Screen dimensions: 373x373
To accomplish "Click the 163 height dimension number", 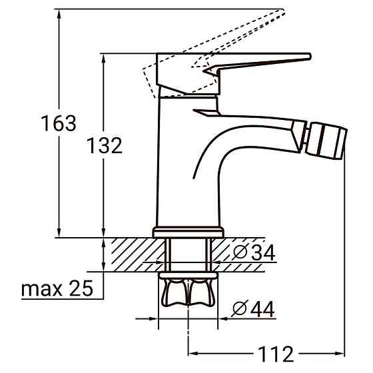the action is (x=59, y=123).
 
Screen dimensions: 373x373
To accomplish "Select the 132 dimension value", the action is (x=105, y=145).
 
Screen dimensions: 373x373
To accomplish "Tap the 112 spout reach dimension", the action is (x=276, y=354).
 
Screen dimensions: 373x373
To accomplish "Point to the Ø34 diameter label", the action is (x=254, y=252).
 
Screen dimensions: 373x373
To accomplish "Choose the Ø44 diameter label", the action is (x=253, y=308).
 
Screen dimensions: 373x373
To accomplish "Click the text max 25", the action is (x=57, y=288).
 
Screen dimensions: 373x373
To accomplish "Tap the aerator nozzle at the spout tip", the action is (x=326, y=141).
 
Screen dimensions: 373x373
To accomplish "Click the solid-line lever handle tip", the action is (x=310, y=57).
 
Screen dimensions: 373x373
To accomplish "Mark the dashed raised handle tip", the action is (x=283, y=11).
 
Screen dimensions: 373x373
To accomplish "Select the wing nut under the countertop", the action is (x=188, y=292).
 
